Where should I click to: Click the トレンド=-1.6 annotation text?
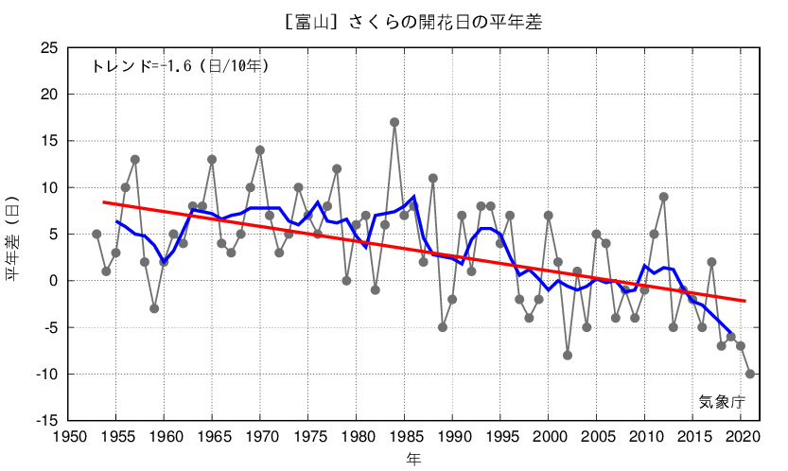click(180, 66)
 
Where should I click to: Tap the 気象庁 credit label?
click(722, 402)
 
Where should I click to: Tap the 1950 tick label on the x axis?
click(67, 438)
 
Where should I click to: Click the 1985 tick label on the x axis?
click(405, 438)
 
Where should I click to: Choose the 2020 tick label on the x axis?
click(741, 438)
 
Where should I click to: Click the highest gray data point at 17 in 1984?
click(394, 122)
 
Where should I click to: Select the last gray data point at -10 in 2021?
click(750, 374)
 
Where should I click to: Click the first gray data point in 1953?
click(96, 234)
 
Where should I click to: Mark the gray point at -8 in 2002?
click(568, 356)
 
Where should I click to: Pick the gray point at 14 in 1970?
click(260, 150)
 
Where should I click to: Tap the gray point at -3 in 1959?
click(154, 308)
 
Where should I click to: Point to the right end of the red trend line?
click(745, 301)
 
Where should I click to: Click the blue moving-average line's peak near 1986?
click(413, 197)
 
